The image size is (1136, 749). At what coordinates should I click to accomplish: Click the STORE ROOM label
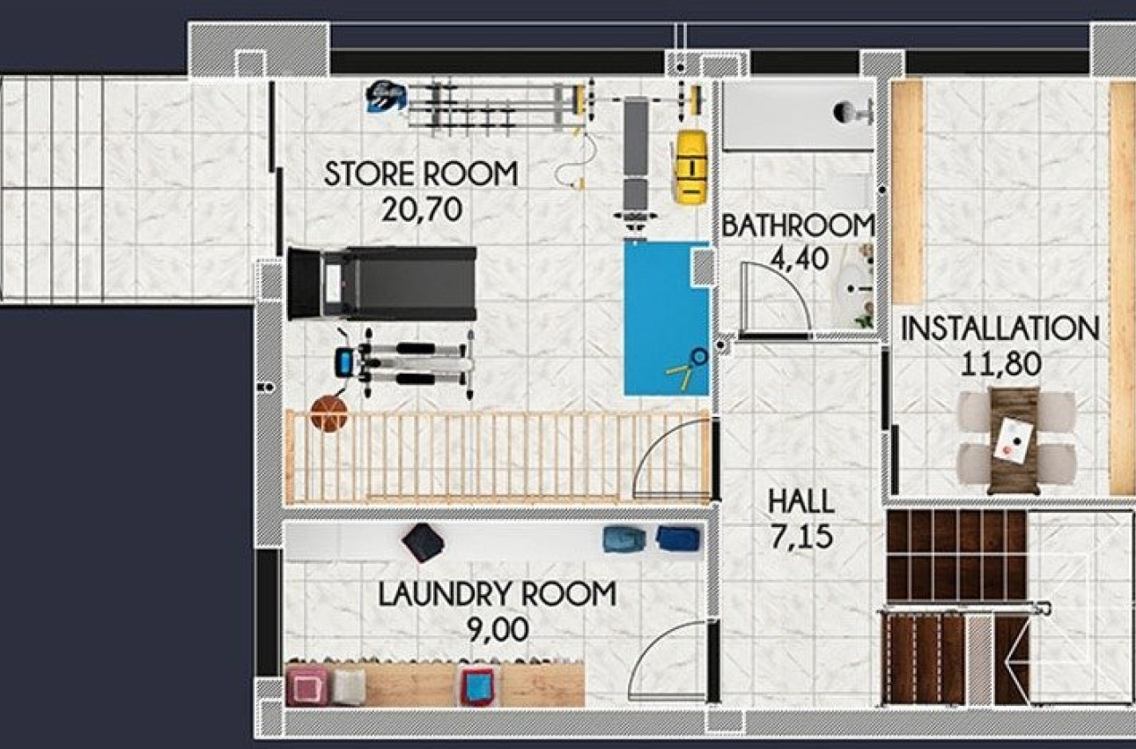click(420, 174)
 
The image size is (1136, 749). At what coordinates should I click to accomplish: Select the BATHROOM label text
click(798, 226)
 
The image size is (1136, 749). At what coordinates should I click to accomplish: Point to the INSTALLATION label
click(1000, 330)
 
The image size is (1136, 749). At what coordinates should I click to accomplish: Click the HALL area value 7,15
click(800, 536)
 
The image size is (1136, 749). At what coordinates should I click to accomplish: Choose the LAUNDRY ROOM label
click(497, 594)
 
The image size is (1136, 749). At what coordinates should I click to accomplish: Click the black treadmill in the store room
click(382, 283)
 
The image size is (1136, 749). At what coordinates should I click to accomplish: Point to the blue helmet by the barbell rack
click(387, 96)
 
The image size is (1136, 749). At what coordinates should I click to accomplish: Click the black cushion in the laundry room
click(423, 543)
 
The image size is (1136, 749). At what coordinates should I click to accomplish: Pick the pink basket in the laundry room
click(307, 686)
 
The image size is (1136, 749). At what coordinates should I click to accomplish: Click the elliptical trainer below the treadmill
click(405, 363)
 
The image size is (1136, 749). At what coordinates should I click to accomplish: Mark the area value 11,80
click(1000, 363)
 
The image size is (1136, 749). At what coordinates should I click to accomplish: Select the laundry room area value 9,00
click(497, 629)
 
